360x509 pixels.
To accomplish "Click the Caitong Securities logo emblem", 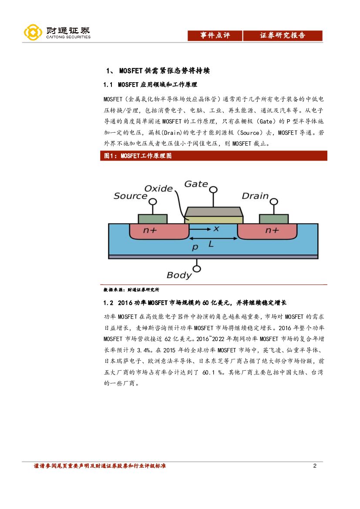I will [33, 33].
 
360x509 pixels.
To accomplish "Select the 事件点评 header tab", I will [215, 36].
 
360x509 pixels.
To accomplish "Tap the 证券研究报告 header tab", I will [283, 36].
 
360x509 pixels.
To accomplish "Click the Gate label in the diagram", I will [196, 184].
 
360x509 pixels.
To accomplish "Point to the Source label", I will [130, 196].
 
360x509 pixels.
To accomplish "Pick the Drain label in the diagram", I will [255, 196].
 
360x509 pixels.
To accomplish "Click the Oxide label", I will [158, 188].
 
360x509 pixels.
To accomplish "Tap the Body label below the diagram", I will [179, 275].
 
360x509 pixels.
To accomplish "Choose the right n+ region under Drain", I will [272, 231].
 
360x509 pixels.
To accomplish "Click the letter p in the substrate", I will [195, 247].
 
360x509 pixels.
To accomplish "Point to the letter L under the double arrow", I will [211, 244].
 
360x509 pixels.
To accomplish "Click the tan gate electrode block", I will [213, 213].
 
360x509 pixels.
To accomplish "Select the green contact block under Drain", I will [273, 219].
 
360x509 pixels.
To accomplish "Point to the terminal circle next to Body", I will [197, 269].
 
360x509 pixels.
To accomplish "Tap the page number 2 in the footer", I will [315, 466].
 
